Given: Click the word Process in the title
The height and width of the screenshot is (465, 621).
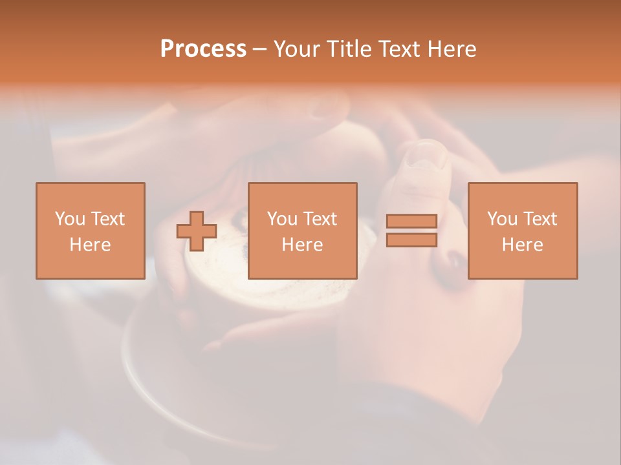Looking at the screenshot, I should click(x=203, y=49).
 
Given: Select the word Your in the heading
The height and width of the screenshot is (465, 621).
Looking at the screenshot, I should click(x=298, y=49).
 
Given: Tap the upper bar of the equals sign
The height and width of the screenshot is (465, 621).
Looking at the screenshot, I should click(x=411, y=222).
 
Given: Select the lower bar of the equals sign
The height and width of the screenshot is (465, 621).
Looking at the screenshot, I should click(x=411, y=240).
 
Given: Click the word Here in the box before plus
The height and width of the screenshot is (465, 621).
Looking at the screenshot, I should click(x=90, y=245).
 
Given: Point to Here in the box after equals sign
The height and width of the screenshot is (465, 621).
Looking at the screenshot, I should click(x=522, y=245).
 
